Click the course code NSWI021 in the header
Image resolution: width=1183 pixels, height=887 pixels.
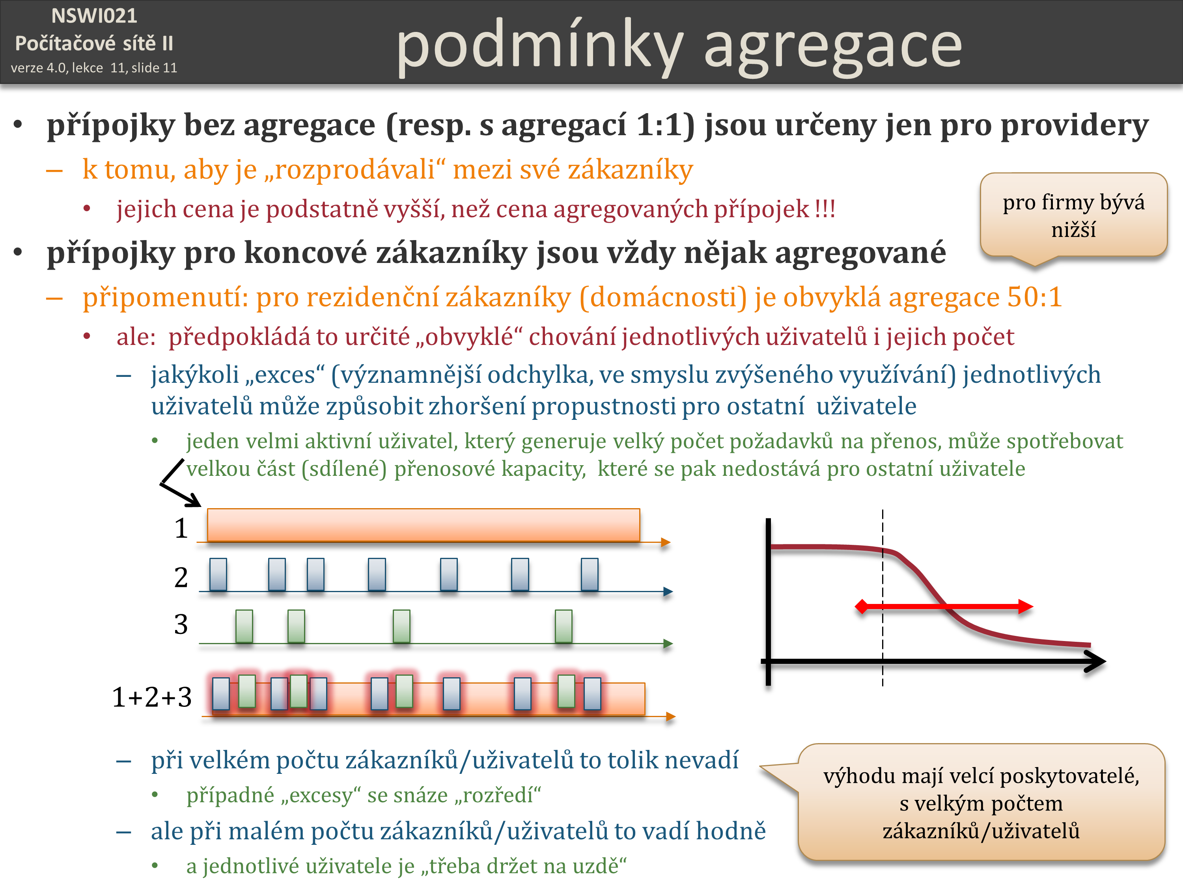[x=94, y=16]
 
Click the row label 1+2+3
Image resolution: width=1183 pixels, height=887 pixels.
[x=152, y=697]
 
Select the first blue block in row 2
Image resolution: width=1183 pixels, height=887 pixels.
[x=218, y=574]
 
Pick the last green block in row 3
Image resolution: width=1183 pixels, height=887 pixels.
[x=563, y=626]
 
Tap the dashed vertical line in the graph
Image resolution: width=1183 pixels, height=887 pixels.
[x=883, y=598]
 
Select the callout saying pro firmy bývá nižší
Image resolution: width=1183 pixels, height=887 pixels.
[x=1073, y=216]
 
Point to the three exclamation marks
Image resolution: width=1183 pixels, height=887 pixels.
[x=825, y=209]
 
